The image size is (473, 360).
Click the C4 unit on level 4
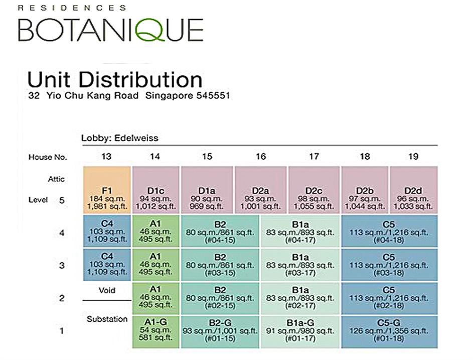click(x=106, y=231)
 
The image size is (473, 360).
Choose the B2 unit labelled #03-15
click(x=220, y=265)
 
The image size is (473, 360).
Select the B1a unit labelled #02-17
click(x=300, y=298)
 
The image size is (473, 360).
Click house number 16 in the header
click(x=260, y=157)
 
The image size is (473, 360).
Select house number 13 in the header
click(x=106, y=157)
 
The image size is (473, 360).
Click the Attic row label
click(x=56, y=179)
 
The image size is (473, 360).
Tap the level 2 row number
click(x=62, y=298)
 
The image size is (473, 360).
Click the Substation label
click(x=107, y=319)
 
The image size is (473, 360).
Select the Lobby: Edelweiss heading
click(x=120, y=138)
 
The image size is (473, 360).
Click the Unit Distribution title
click(x=115, y=79)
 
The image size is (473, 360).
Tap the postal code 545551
click(x=208, y=95)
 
